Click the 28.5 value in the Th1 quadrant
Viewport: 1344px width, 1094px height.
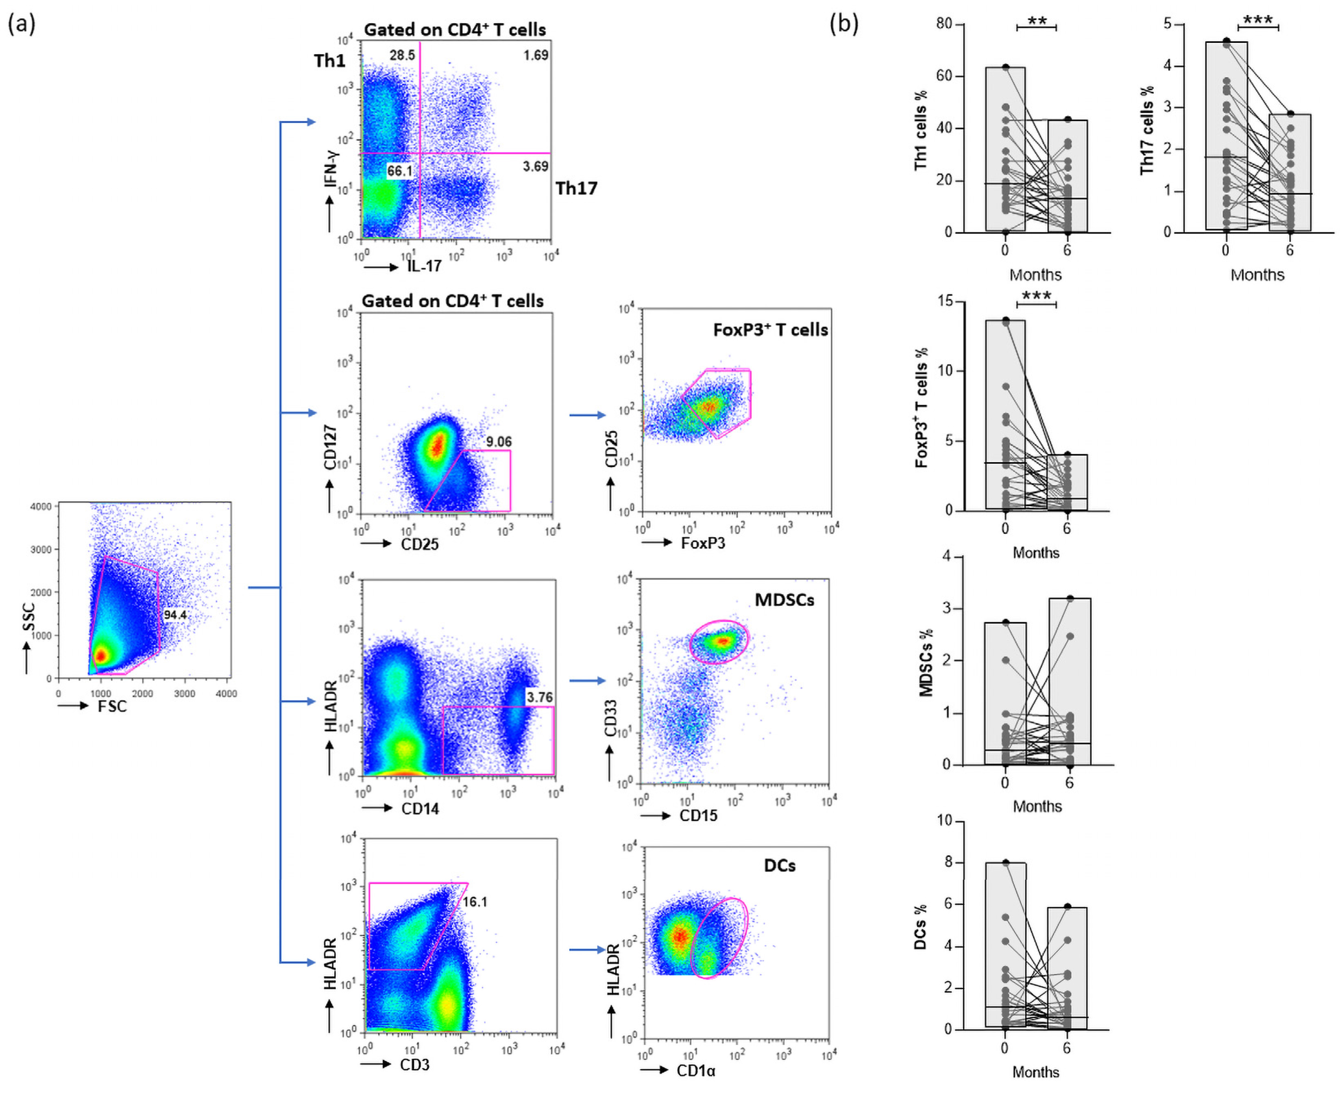pos(401,56)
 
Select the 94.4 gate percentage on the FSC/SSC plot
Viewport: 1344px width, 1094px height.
pos(175,614)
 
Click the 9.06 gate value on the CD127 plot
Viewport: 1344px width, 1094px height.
pos(498,441)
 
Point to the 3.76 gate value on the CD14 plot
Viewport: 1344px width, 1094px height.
pos(539,697)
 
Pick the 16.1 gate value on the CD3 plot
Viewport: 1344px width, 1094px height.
pos(475,902)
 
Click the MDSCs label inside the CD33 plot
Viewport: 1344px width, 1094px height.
pos(784,600)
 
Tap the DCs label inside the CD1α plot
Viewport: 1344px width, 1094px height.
pos(779,866)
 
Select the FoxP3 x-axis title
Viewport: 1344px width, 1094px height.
pos(702,543)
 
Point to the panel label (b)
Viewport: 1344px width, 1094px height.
pos(843,24)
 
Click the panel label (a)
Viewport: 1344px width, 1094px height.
pos(21,24)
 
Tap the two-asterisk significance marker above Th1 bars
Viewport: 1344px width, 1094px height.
pos(1036,21)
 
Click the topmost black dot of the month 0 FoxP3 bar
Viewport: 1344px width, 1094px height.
pos(1005,320)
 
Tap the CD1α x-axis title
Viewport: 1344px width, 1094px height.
pos(695,1071)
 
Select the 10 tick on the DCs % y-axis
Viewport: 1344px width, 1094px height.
pos(944,820)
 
